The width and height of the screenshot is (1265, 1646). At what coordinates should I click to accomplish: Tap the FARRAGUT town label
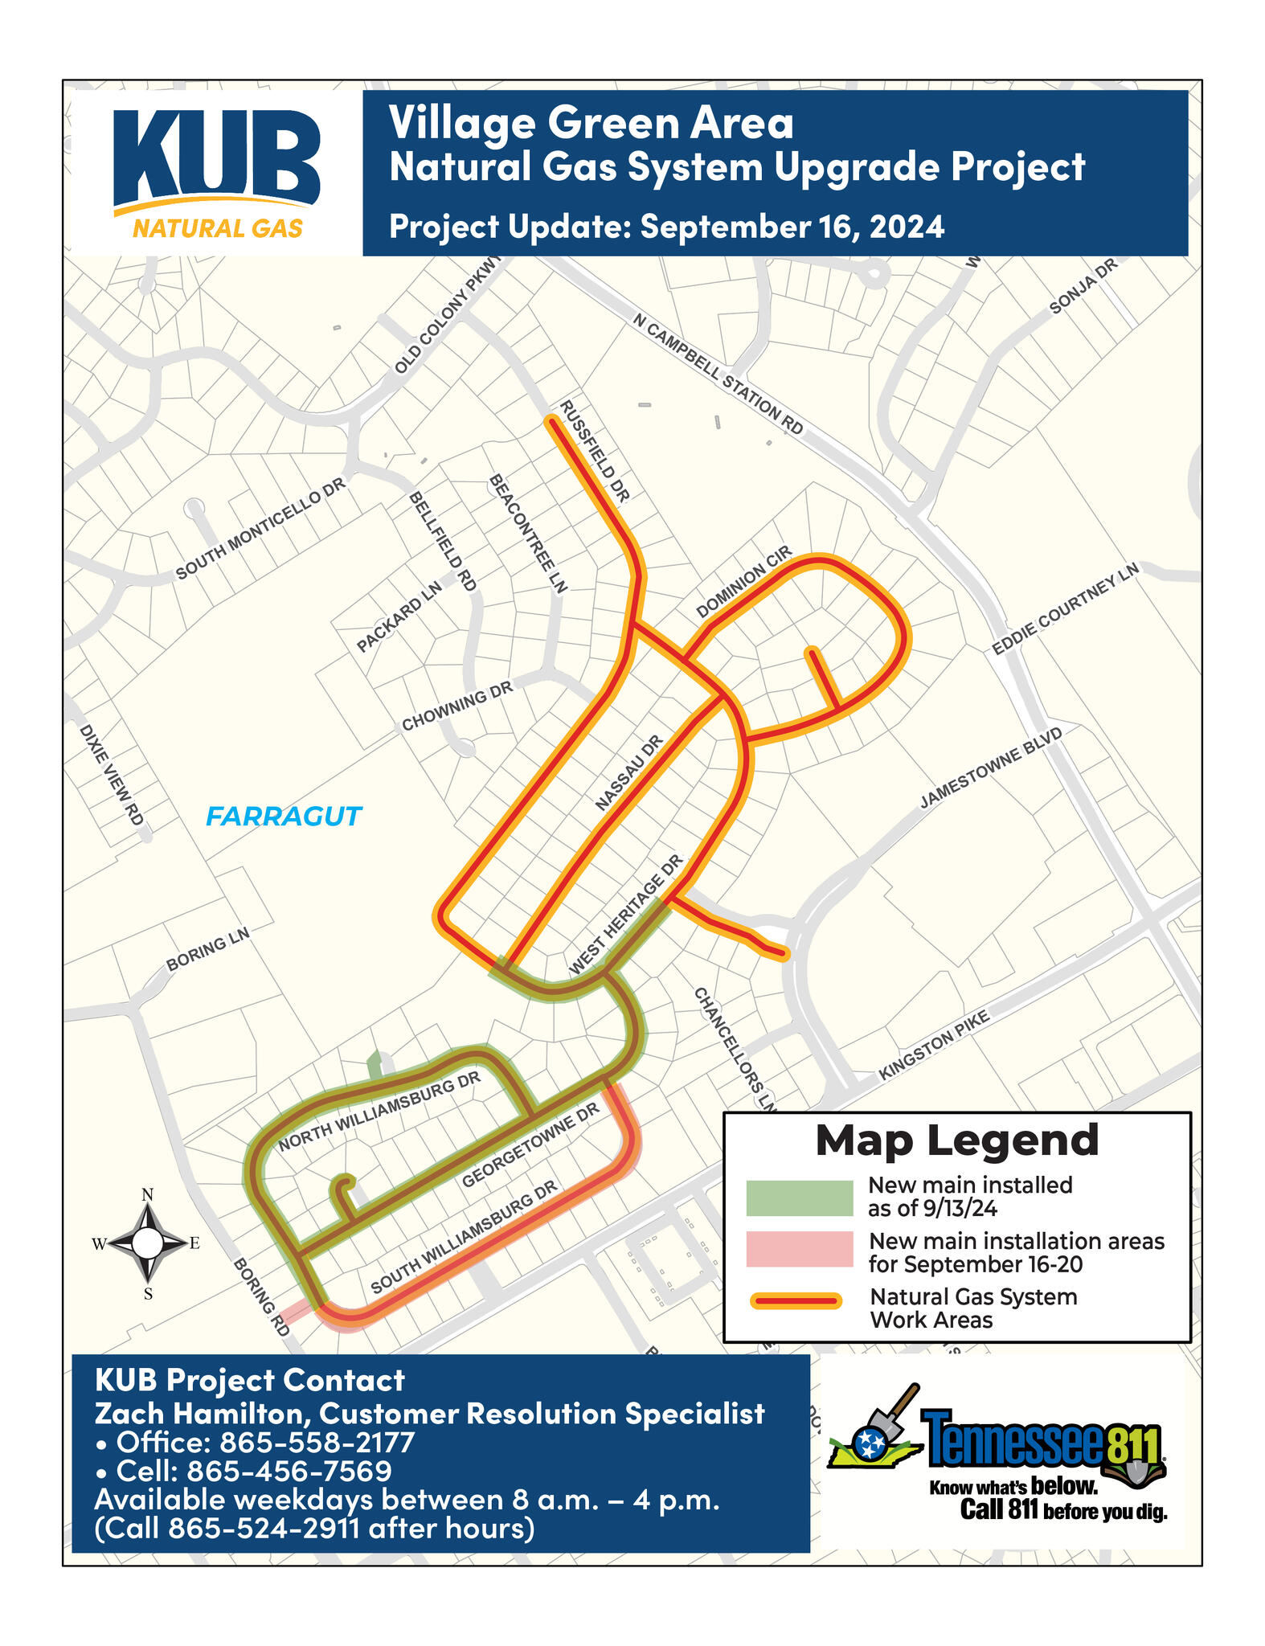coord(284,817)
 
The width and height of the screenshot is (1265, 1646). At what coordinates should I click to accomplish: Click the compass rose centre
coord(147,1243)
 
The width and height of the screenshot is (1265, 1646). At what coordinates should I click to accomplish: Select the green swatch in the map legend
coord(799,1198)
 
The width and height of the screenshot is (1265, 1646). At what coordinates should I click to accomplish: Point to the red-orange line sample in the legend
coord(796,1300)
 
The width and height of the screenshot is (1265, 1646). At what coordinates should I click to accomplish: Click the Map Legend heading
coord(956,1140)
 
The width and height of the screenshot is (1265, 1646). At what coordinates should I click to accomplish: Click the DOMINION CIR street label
coord(743,582)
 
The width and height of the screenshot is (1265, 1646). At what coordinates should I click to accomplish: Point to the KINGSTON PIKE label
coord(934,1045)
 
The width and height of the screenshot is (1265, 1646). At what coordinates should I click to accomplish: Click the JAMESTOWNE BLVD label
coord(991,768)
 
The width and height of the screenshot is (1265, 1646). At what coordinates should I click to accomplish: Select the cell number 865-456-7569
coord(289,1471)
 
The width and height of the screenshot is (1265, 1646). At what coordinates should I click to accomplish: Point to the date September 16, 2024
coord(792,227)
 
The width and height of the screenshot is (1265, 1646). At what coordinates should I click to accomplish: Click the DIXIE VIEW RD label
coord(111,775)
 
